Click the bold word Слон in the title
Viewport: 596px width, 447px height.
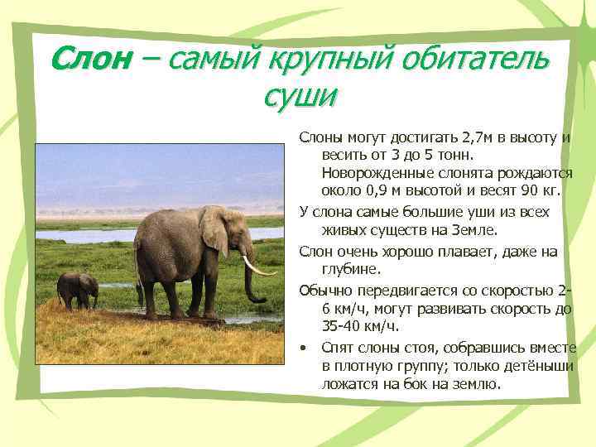click(90, 59)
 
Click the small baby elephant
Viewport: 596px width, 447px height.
click(76, 290)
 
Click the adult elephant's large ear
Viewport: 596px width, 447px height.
click(214, 230)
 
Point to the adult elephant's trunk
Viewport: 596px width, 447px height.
click(251, 277)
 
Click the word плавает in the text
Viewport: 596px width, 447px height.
click(454, 251)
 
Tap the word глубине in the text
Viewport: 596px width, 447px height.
click(351, 268)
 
